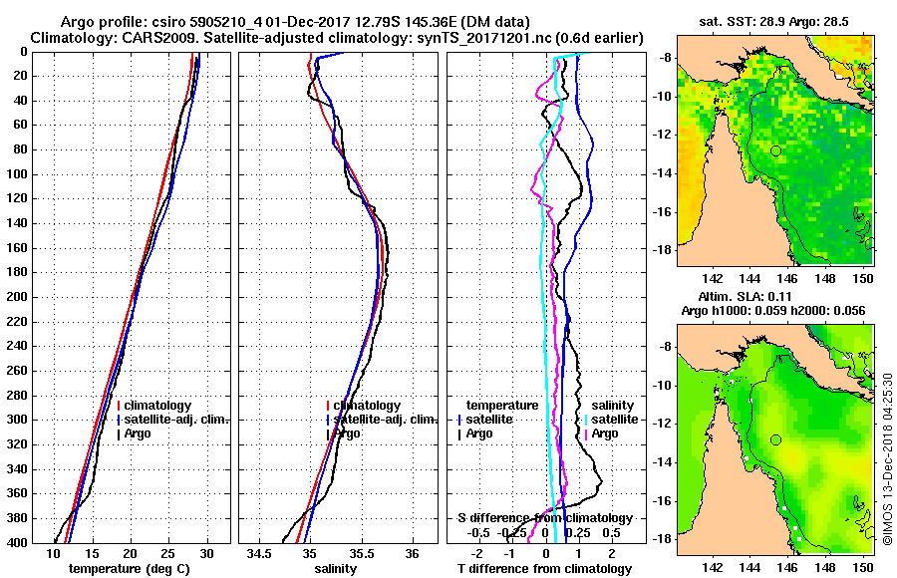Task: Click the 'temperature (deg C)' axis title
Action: click(x=130, y=569)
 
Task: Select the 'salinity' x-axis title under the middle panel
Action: click(x=338, y=569)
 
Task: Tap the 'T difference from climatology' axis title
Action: click(x=545, y=569)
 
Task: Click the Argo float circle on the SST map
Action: click(x=775, y=150)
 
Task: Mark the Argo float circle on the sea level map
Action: click(x=775, y=439)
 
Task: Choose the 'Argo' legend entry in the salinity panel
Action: click(x=348, y=433)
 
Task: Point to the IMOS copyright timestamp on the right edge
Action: click(x=887, y=458)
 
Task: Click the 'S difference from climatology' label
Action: click(x=545, y=518)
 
